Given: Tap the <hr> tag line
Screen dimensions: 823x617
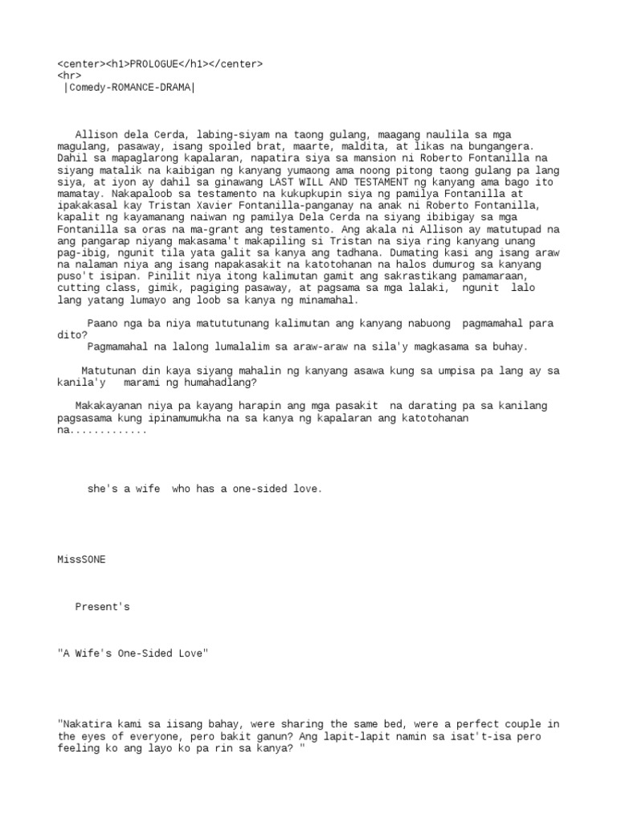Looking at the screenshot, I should coord(69,76).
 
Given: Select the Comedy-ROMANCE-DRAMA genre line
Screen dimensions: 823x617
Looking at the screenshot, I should coord(129,88).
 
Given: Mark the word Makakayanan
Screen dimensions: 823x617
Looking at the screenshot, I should coord(110,406).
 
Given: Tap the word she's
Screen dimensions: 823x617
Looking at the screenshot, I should coord(103,489).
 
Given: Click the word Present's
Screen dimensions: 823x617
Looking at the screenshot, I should coord(103,607).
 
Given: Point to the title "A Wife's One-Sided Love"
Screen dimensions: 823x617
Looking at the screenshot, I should coord(133,654).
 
